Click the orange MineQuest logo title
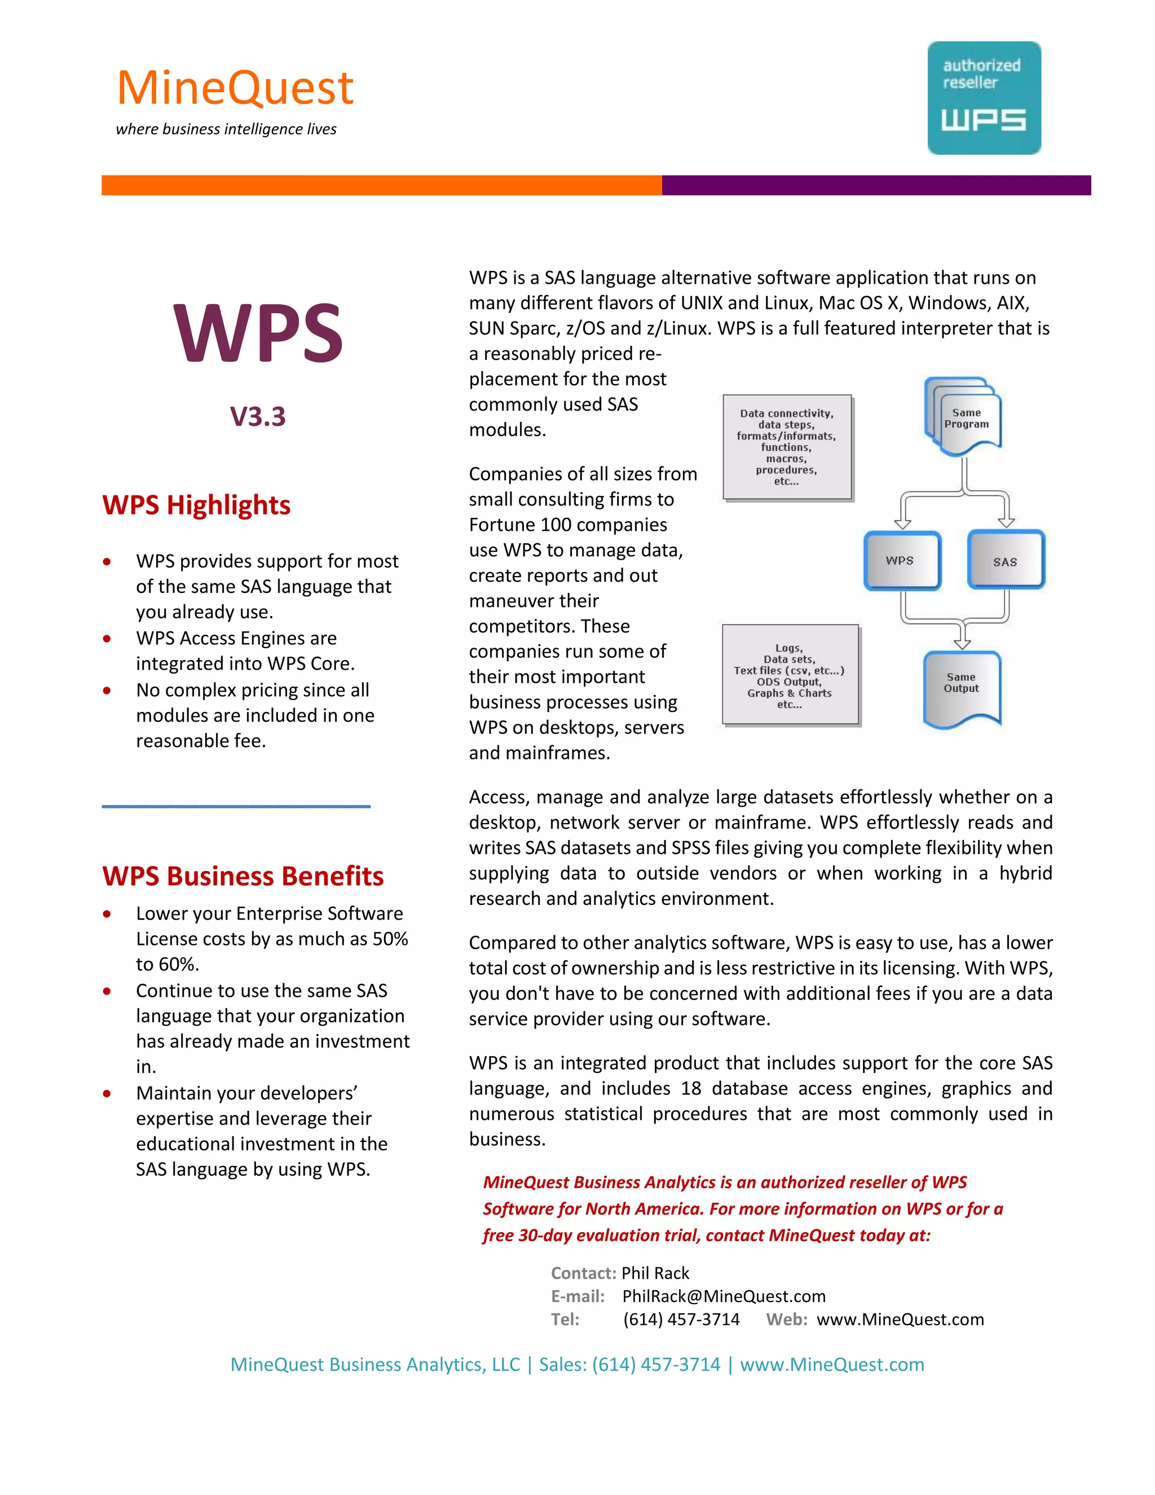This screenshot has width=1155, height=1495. point(235,89)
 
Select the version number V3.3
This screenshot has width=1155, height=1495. point(257,416)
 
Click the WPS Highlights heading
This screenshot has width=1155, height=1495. point(196,505)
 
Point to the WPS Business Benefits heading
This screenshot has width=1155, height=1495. point(243,876)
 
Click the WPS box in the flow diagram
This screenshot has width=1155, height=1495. point(901,560)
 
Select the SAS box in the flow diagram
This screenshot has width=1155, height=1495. point(1005,560)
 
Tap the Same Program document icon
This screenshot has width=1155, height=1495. point(966,417)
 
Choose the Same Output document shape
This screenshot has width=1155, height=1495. point(962,687)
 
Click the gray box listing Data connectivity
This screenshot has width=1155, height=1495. point(787,447)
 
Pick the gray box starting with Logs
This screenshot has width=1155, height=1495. point(790,675)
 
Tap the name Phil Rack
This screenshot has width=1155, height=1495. point(655,1273)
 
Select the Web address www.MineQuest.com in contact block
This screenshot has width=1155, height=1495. point(900,1320)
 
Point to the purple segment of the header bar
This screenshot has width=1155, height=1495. point(876,185)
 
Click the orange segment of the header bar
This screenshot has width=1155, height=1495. point(381,185)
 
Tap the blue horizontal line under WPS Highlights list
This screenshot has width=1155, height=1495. point(236,806)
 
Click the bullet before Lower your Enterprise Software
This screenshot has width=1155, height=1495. point(107,914)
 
